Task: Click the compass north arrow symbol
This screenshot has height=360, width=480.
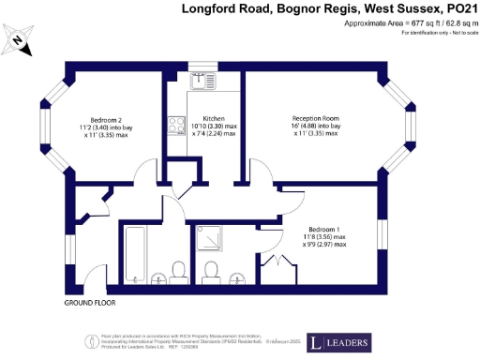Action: (20, 40)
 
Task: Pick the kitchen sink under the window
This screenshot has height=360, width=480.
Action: (202, 81)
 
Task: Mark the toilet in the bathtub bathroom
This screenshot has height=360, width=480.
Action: (176, 272)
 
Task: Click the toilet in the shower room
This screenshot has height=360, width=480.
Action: (212, 272)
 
